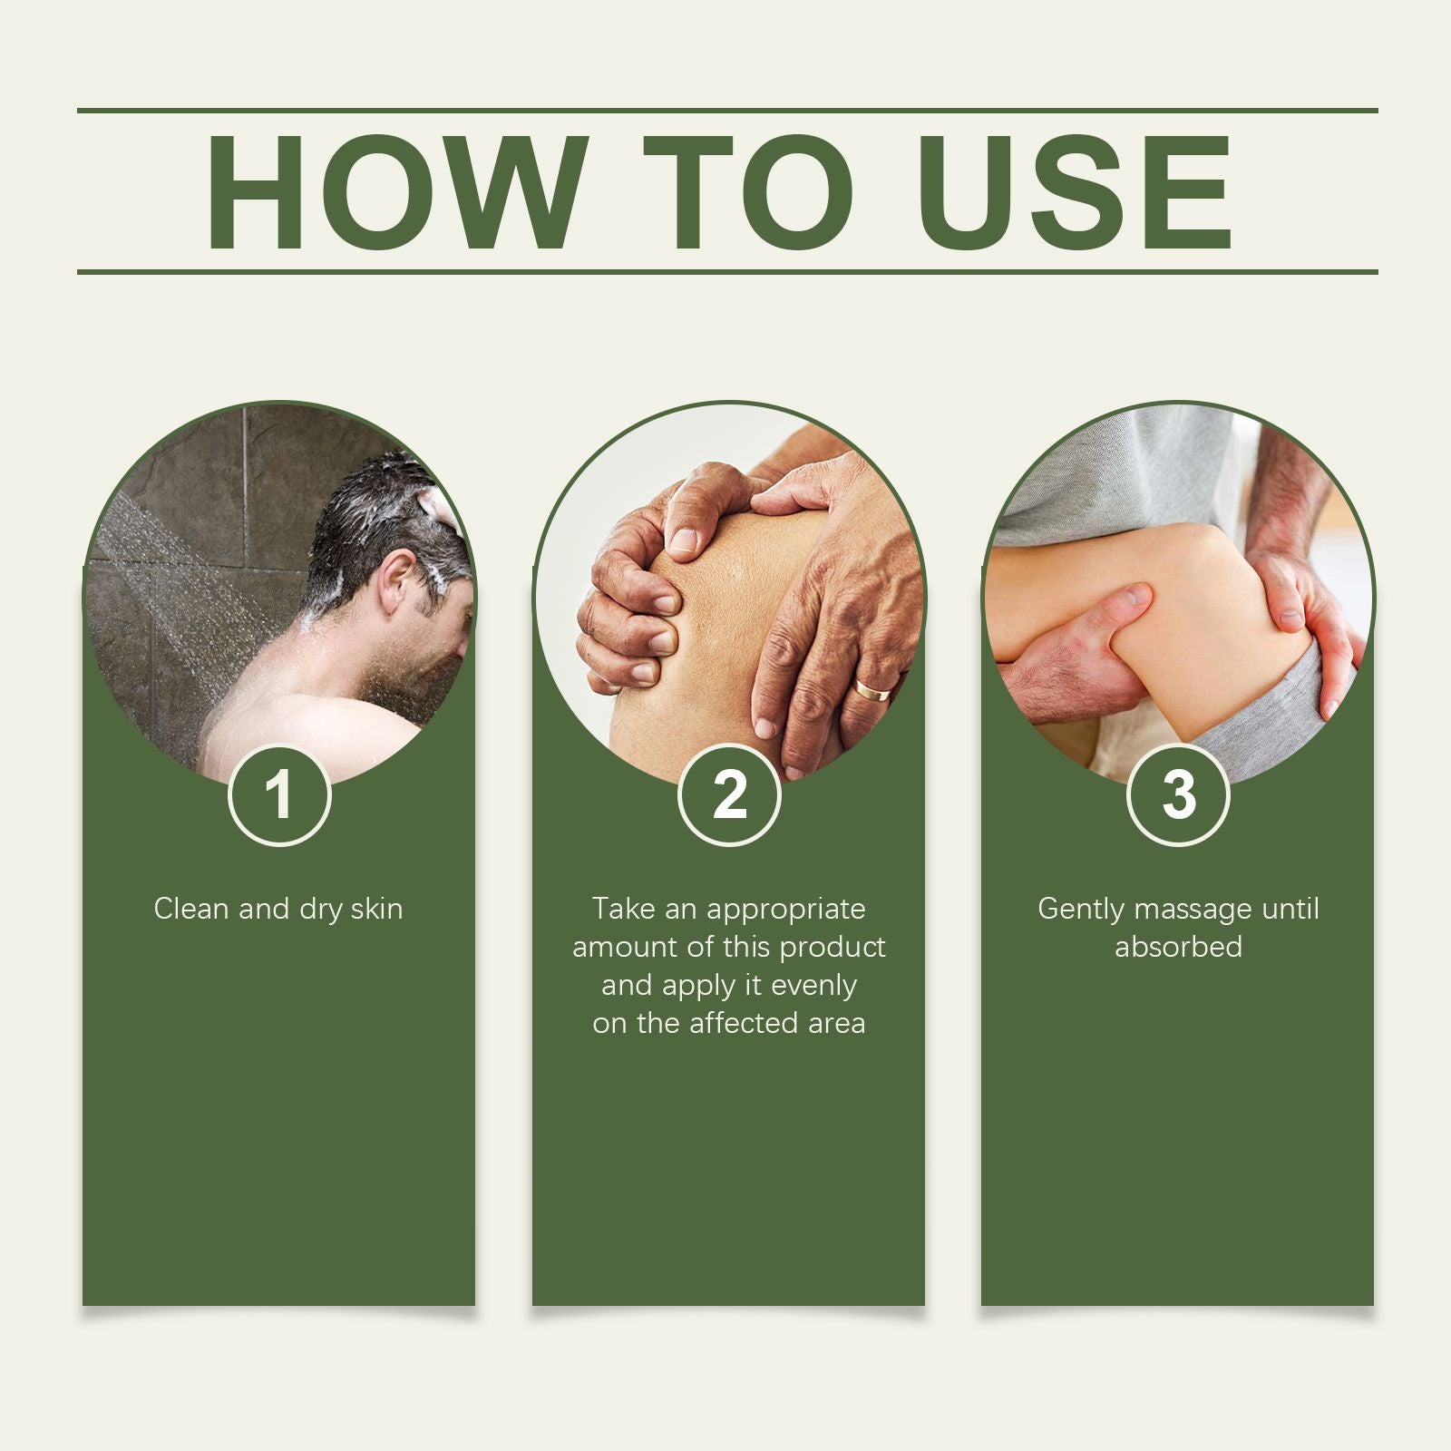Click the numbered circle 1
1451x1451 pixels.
pyautogui.click(x=279, y=795)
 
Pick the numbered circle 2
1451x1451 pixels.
pyautogui.click(x=729, y=795)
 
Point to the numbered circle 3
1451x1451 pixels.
pyautogui.click(x=1178, y=795)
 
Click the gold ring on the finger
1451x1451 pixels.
pyautogui.click(x=872, y=691)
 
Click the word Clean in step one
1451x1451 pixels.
pyautogui.click(x=191, y=909)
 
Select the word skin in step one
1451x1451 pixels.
pyautogui.click(x=376, y=909)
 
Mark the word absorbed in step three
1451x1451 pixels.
pyautogui.click(x=1178, y=947)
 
